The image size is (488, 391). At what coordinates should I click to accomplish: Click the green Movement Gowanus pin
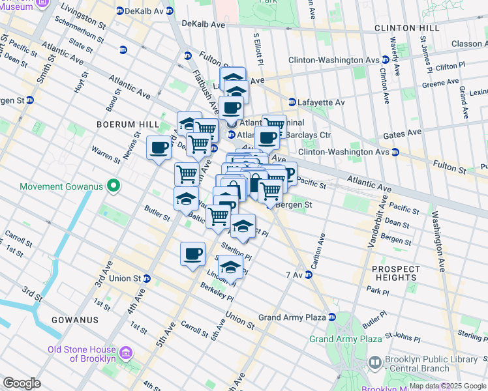(x=114, y=187)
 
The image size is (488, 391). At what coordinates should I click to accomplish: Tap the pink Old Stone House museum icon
(x=127, y=354)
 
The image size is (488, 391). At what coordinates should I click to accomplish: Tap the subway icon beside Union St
(x=147, y=279)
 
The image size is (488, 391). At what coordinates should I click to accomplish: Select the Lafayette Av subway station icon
(x=292, y=102)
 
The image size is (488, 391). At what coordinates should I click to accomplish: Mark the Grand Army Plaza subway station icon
(x=331, y=317)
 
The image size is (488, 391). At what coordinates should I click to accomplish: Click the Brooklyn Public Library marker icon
(x=375, y=362)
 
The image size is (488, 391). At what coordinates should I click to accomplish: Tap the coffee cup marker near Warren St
(x=159, y=149)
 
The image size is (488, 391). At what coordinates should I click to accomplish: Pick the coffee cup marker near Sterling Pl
(x=192, y=254)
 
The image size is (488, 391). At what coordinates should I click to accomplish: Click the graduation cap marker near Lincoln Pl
(x=230, y=267)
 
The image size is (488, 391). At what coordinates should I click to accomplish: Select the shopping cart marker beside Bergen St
(x=270, y=191)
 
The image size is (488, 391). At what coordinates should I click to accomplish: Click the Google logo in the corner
(x=22, y=383)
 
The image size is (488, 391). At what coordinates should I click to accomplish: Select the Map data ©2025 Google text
(x=446, y=386)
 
